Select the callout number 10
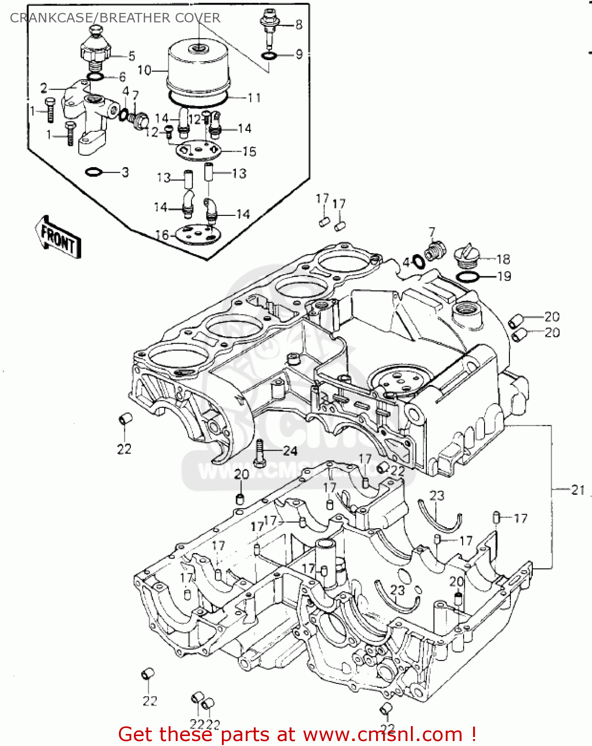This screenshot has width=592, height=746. (144, 70)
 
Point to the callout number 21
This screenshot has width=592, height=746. (577, 490)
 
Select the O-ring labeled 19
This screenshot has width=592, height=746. (468, 277)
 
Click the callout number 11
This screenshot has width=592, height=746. (254, 97)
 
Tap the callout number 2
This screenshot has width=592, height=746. (44, 89)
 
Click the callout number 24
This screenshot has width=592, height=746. (290, 451)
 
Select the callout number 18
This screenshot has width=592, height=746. (503, 259)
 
